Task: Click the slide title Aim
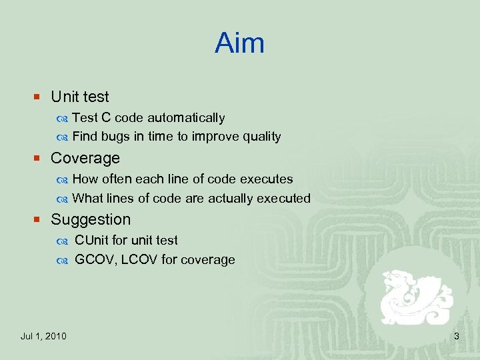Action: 239,44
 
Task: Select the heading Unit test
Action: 79,97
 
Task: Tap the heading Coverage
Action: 85,159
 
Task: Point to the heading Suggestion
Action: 91,219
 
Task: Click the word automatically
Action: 186,118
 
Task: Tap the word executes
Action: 267,179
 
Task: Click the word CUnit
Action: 91,240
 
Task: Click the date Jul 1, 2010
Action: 43,336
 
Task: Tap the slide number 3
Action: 457,336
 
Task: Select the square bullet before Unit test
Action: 38,98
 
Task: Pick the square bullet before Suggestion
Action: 38,220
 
